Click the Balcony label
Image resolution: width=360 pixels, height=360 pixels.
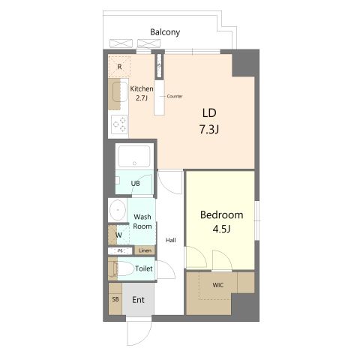[x=165, y=32]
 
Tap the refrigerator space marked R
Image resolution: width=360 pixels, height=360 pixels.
[x=119, y=67]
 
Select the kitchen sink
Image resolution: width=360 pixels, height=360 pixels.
[x=120, y=91]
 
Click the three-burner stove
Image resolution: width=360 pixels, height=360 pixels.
[x=119, y=124]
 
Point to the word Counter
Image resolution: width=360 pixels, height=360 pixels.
[x=175, y=96]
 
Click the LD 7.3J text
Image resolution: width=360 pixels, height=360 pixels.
[x=209, y=121]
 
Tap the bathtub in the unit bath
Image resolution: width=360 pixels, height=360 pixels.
[x=134, y=156]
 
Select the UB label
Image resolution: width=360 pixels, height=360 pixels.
[x=135, y=184]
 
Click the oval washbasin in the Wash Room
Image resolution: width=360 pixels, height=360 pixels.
[x=118, y=210]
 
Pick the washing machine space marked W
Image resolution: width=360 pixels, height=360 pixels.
[x=118, y=235]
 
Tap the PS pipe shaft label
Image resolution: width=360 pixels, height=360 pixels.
[x=120, y=250]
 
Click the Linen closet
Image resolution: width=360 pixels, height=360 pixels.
[x=145, y=250]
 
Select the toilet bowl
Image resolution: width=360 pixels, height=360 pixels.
[x=125, y=268]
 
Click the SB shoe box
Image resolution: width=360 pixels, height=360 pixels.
[x=115, y=298]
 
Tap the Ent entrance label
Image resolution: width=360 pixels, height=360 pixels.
[x=138, y=300]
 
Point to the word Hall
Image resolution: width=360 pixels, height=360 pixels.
[x=171, y=240]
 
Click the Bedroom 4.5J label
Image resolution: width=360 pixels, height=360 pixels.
[x=221, y=222]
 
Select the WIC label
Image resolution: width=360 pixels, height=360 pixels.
[x=217, y=285]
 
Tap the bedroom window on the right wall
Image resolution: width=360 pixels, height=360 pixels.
[x=257, y=220]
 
